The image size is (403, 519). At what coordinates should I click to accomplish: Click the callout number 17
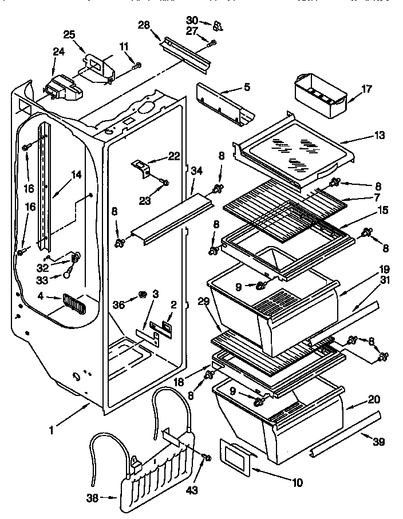[x=366, y=89]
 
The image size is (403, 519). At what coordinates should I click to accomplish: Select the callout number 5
[x=246, y=88]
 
